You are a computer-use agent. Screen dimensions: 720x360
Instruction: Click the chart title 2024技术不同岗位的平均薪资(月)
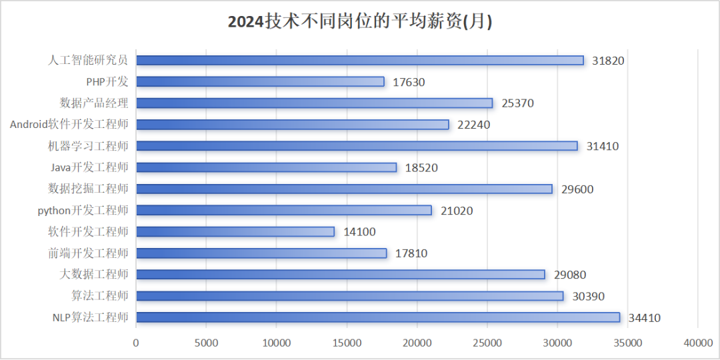[x=360, y=21]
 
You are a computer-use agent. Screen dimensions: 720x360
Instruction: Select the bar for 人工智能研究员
[x=360, y=60]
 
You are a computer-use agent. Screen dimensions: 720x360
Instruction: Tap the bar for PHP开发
[x=261, y=82]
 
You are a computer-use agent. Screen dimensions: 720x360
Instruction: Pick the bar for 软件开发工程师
[x=235, y=231]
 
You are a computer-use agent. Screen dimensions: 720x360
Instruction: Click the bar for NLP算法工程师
[x=378, y=317]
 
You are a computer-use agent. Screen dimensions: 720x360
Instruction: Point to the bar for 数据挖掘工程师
[x=345, y=189]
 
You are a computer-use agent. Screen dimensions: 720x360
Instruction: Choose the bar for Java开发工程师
[x=266, y=167]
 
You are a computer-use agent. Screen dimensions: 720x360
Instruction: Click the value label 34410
[x=645, y=318]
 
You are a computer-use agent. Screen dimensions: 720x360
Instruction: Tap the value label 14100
[x=359, y=232]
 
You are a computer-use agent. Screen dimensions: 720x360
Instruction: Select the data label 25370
[x=518, y=103]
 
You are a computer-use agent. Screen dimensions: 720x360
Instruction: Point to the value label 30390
[x=589, y=296]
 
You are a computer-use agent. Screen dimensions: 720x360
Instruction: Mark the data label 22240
[x=474, y=125]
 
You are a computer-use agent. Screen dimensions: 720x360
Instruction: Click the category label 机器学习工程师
[x=88, y=146]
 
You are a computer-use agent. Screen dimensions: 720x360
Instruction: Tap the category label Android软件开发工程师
[x=69, y=125]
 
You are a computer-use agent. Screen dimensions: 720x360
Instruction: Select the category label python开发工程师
[x=83, y=210]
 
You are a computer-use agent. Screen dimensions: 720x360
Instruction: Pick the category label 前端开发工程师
[x=88, y=253]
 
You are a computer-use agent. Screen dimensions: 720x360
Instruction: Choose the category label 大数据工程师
[x=94, y=275]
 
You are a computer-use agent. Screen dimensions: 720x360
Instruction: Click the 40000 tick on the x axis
[x=698, y=343]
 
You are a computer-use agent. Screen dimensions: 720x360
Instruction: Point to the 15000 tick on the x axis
[x=347, y=343]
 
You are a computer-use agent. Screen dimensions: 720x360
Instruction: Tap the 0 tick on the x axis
[x=136, y=343]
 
